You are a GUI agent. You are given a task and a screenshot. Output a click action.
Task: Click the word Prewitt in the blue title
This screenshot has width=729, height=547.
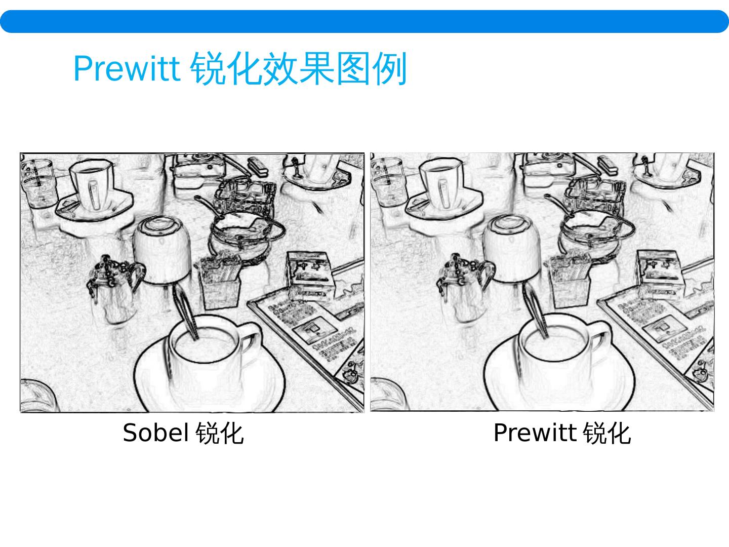point(127,69)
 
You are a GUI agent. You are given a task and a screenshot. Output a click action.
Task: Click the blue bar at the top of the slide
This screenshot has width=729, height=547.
point(364,22)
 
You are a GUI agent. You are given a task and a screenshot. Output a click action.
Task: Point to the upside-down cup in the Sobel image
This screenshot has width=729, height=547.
point(161,250)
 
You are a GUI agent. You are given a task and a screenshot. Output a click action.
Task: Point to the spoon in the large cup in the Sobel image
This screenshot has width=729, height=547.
point(186,311)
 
